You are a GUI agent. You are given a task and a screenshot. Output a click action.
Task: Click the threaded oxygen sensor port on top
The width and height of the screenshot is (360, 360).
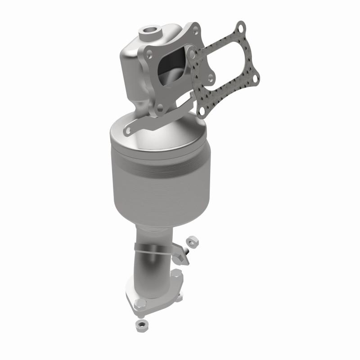pos(149,33)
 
